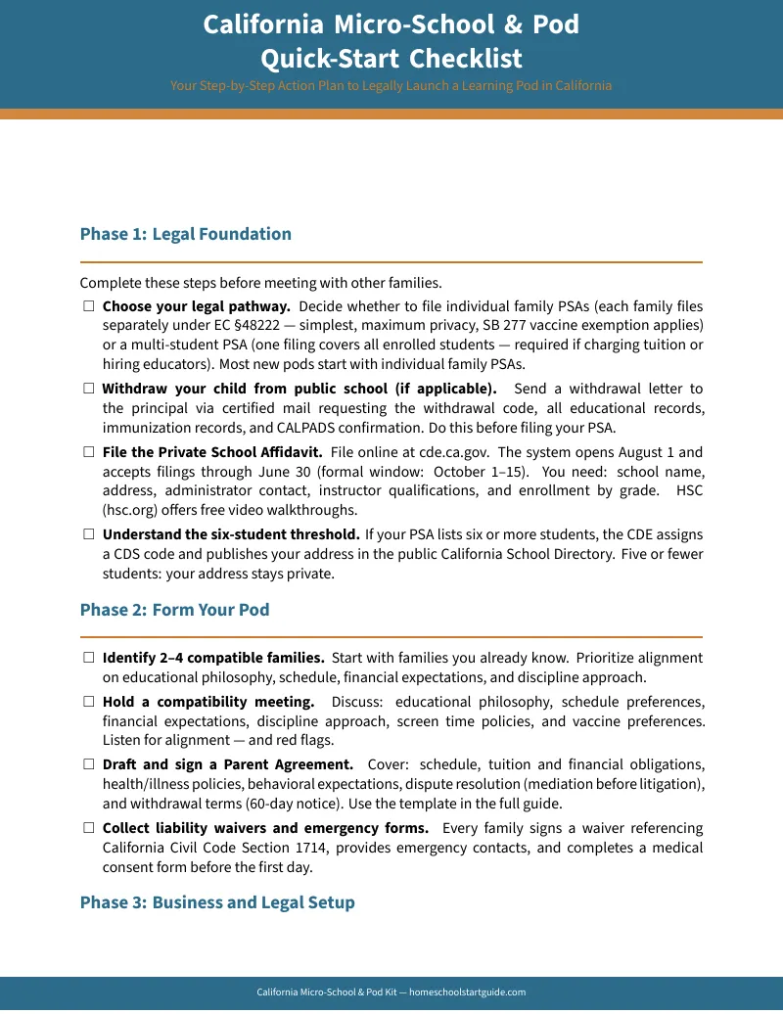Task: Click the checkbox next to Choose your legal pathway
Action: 88,306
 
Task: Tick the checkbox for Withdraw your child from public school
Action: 88,389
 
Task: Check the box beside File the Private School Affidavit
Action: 88,452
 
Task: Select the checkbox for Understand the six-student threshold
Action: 88,534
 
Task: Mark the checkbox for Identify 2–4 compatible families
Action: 88,658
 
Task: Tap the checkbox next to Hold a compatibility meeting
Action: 88,702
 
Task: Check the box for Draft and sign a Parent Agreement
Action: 88,764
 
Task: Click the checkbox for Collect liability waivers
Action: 88,828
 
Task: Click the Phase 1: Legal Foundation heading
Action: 185,234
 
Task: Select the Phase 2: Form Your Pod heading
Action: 174,610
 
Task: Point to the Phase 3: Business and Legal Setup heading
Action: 216,902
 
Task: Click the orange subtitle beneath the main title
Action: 391,86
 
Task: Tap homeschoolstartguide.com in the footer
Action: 467,992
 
